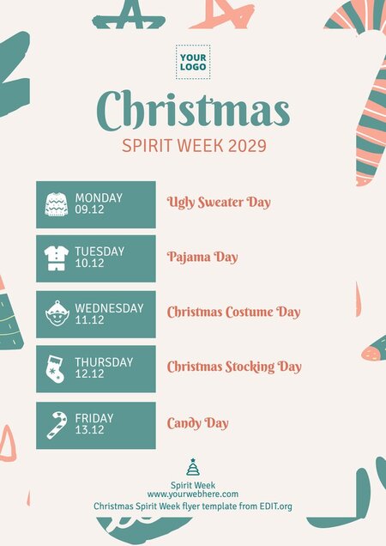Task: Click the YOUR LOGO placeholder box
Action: pyautogui.click(x=193, y=62)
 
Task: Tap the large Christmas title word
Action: pyautogui.click(x=193, y=110)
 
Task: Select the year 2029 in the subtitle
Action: pyautogui.click(x=247, y=145)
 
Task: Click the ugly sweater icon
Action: pyautogui.click(x=56, y=204)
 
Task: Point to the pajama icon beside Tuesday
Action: pyautogui.click(x=56, y=258)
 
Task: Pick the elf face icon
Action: pyautogui.click(x=56, y=314)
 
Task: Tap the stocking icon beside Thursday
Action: pyautogui.click(x=56, y=369)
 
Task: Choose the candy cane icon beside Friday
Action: pyautogui.click(x=56, y=425)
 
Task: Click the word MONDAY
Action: pyautogui.click(x=99, y=198)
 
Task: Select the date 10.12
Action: pyautogui.click(x=89, y=264)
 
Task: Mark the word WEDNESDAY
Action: pyautogui.click(x=109, y=308)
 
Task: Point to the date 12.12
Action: pyautogui.click(x=89, y=374)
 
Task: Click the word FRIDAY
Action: pyautogui.click(x=94, y=419)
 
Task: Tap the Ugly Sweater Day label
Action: pyautogui.click(x=219, y=203)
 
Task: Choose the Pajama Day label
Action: pyautogui.click(x=202, y=257)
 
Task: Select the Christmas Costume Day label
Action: pyautogui.click(x=233, y=312)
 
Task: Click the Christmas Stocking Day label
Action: pyautogui.click(x=234, y=367)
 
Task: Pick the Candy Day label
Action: pyautogui.click(x=197, y=423)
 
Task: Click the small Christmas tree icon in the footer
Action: pyautogui.click(x=193, y=468)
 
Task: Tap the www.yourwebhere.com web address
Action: pyautogui.click(x=193, y=494)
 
